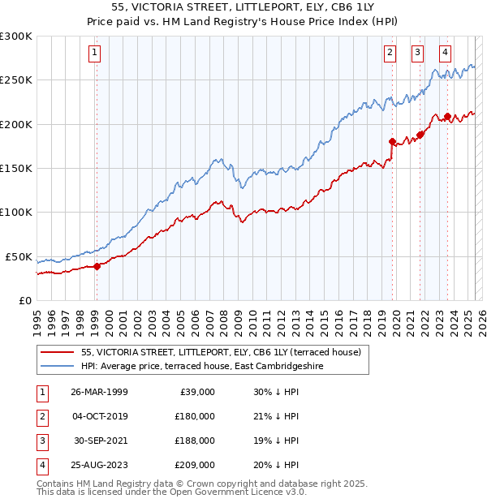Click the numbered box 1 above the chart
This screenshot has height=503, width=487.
95,54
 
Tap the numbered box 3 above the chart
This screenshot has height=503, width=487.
417,54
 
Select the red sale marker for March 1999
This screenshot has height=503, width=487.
97,265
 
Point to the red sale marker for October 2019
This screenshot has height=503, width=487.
392,141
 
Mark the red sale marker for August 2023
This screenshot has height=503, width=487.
447,116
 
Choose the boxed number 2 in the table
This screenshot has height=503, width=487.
41,416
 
